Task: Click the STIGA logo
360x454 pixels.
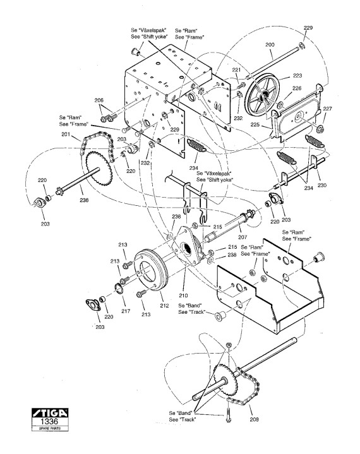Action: tap(50, 412)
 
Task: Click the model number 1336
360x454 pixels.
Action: tap(49, 421)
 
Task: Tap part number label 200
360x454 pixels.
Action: tap(270, 45)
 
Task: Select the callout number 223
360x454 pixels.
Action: tap(297, 76)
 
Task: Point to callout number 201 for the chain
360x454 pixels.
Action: tap(66, 134)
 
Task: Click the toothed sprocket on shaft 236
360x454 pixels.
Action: tap(99, 169)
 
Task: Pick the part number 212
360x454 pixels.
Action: tap(164, 305)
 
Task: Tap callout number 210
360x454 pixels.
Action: tap(183, 296)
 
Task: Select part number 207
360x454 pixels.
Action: tap(243, 237)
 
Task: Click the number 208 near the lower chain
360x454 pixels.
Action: tap(254, 419)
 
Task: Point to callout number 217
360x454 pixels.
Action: tap(126, 311)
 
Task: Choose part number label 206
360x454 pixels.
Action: tap(99, 100)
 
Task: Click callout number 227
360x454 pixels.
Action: tap(327, 109)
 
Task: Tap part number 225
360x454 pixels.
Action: tap(255, 124)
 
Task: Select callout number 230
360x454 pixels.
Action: tap(321, 185)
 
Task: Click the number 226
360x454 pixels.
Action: tap(297, 88)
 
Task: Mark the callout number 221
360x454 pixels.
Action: tap(236, 70)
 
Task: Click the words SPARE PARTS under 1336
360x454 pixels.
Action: tap(50, 429)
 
